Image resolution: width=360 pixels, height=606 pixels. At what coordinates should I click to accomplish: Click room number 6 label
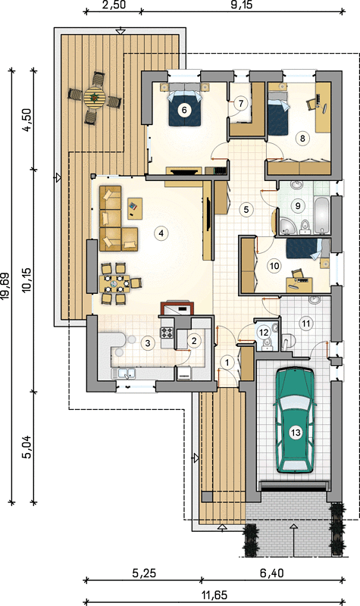184,110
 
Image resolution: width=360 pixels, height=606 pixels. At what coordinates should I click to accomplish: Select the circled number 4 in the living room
160,233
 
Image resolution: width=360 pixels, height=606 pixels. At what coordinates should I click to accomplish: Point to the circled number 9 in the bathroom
298,205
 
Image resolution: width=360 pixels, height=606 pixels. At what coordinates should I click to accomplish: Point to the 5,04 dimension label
27,447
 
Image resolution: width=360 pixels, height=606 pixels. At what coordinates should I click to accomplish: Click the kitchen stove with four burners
167,333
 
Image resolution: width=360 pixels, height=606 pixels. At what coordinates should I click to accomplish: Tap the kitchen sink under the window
124,373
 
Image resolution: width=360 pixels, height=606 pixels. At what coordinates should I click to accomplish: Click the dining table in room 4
114,283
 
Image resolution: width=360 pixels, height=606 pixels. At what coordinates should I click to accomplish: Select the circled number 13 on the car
296,432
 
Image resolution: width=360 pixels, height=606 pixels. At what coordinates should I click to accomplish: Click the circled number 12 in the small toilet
264,332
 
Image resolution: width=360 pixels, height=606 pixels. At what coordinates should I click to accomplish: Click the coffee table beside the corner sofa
134,209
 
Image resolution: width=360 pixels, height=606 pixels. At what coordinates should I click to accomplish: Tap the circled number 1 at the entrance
227,363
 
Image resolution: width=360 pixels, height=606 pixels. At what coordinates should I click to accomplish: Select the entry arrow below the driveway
294,539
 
